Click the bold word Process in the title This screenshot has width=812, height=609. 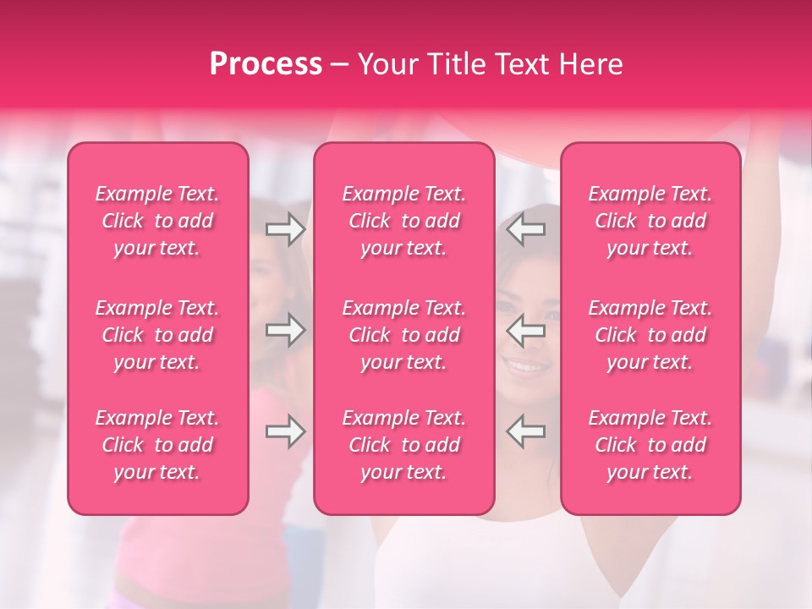point(266,64)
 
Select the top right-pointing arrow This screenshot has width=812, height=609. point(285,228)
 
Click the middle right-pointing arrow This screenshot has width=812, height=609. point(285,330)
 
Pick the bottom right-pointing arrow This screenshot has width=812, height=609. point(285,431)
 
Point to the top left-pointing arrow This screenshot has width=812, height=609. point(526,228)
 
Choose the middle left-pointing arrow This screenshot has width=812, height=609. point(526,330)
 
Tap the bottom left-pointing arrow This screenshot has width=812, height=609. point(526,431)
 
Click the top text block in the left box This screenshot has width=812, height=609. point(157,221)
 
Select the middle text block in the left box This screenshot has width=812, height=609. point(157,335)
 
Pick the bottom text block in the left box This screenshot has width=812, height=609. point(157,445)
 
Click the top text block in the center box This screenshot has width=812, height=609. point(404,221)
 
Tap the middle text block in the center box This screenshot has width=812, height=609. point(404,335)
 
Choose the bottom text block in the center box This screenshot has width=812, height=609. point(404,445)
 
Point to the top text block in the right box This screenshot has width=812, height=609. point(650,221)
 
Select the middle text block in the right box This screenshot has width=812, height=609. point(650,335)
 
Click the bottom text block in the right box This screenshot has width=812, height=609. point(650,445)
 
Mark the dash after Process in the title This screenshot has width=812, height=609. point(339,65)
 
